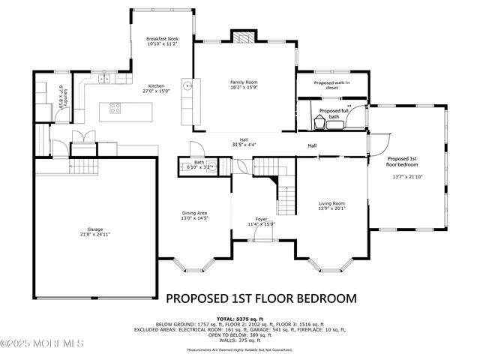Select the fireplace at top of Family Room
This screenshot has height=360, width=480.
(243, 37)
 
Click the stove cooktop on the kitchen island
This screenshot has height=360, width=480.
(116, 107)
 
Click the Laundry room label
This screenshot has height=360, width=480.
(66, 97)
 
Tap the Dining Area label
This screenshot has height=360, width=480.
(194, 213)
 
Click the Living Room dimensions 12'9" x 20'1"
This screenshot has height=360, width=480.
(331, 209)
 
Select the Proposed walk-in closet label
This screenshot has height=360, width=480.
(331, 85)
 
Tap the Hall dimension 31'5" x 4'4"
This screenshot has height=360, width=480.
(244, 145)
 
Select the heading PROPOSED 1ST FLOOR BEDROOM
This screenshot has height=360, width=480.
(261, 298)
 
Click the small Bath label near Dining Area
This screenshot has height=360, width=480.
(199, 161)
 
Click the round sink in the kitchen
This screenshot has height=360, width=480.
(190, 85)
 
